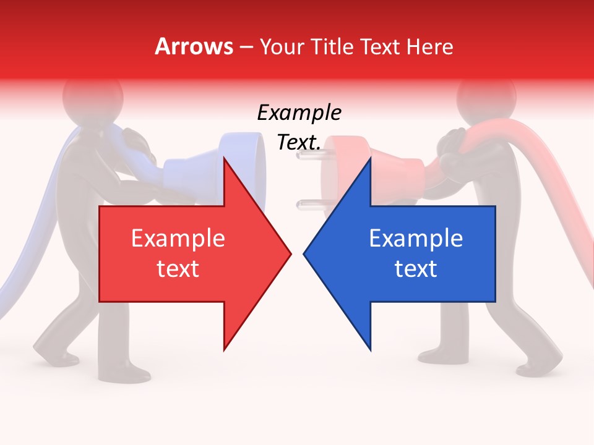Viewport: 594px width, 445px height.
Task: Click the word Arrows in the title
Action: pyautogui.click(x=194, y=46)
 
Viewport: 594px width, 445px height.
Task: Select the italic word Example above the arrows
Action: pyautogui.click(x=299, y=113)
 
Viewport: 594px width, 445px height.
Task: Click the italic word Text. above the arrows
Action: pyautogui.click(x=299, y=142)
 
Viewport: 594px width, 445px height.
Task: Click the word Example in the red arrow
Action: pyautogui.click(x=178, y=239)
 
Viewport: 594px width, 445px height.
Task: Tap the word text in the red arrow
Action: pyautogui.click(x=178, y=269)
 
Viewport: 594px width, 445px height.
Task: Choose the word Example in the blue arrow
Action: pyautogui.click(x=416, y=239)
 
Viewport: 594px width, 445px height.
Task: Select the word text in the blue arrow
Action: pyautogui.click(x=416, y=269)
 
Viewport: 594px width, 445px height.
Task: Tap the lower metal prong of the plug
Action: pyautogui.click(x=307, y=203)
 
